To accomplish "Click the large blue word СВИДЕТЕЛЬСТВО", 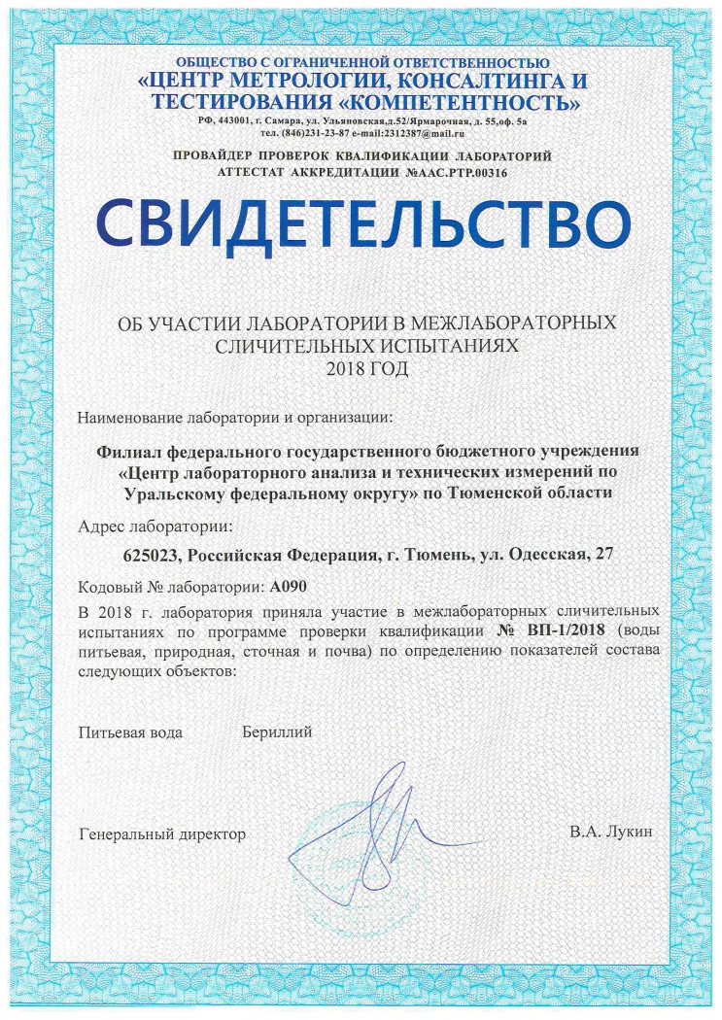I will tap(361, 222).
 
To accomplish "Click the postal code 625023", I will tap(155, 556).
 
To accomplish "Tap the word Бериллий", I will tap(277, 731).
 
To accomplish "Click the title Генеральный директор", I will tap(162, 833).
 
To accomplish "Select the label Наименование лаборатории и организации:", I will tap(235, 418).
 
